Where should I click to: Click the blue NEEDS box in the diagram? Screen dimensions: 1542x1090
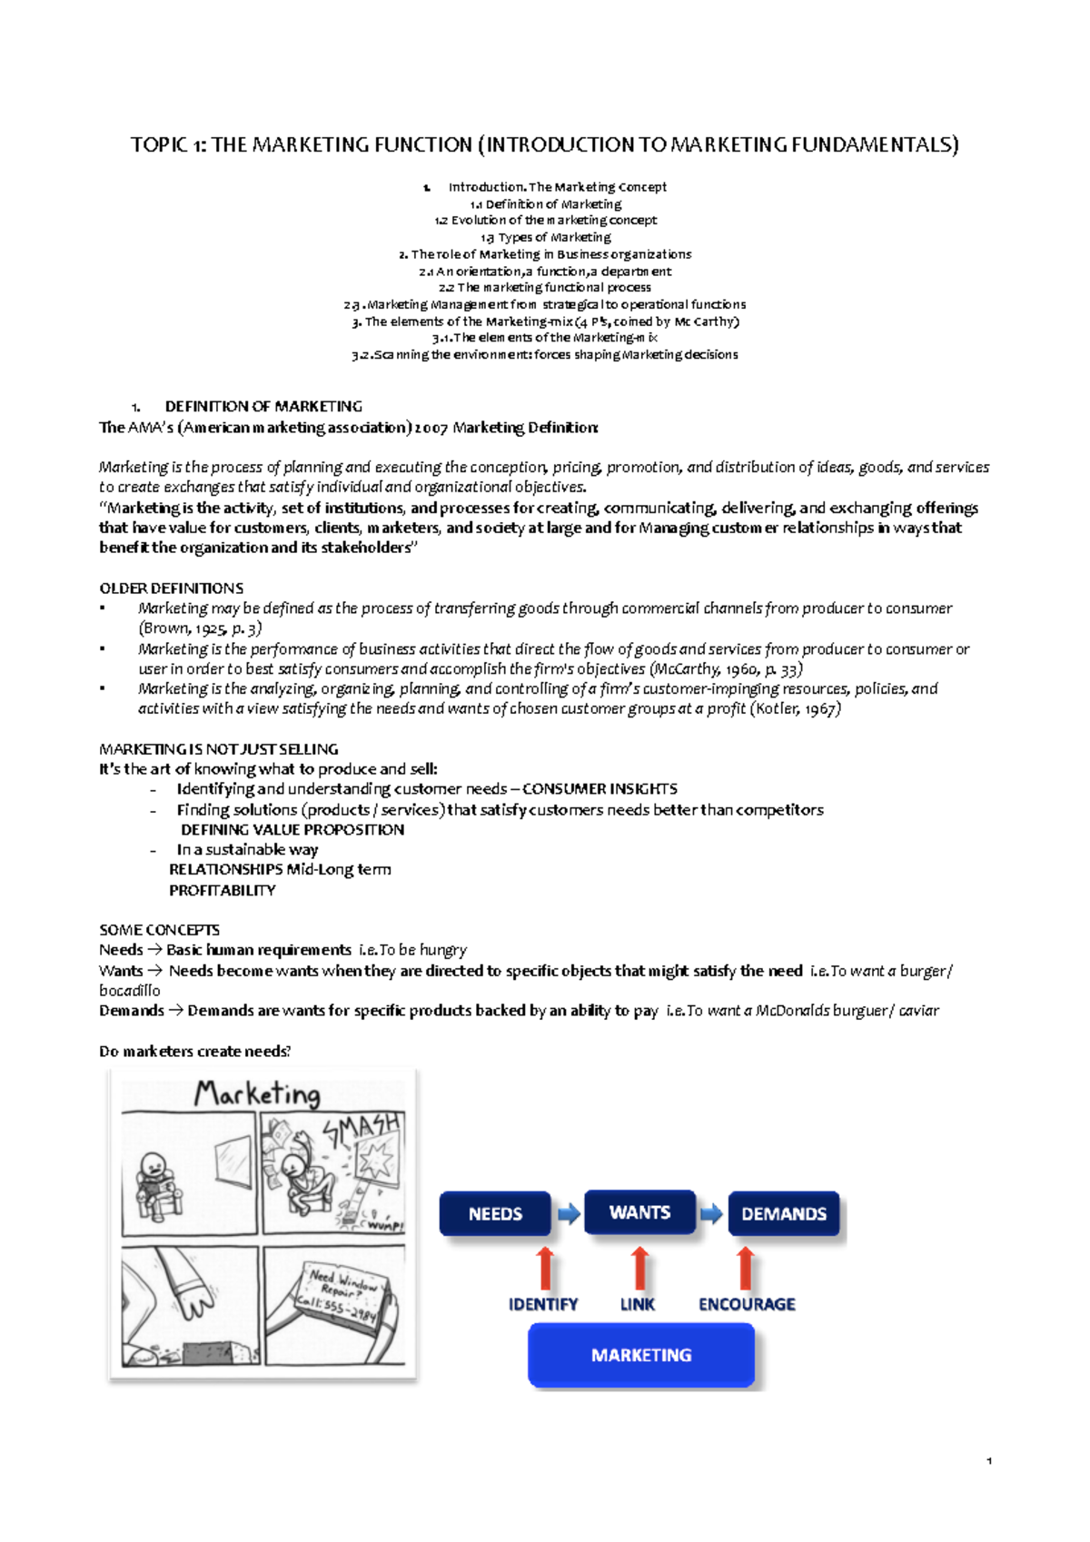495,1214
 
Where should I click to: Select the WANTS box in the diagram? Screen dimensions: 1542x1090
639,1212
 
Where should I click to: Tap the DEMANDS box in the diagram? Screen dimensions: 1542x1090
783,1214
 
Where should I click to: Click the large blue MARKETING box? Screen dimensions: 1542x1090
641,1355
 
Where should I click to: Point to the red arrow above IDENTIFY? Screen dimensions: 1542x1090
545,1269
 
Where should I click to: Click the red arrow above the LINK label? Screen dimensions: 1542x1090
639,1269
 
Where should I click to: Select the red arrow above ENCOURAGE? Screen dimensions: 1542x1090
746,1269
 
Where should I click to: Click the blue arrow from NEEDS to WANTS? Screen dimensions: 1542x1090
569,1213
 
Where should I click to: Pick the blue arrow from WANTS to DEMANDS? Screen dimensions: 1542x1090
712,1213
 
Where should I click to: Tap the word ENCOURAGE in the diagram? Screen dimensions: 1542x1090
747,1304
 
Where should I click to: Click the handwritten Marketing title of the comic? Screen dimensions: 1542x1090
257,1093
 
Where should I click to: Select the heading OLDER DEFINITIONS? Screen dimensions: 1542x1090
171,588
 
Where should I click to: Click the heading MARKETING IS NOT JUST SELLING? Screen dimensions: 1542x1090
218,749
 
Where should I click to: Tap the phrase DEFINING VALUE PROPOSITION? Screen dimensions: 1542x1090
292,830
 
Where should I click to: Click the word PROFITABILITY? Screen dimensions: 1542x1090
223,891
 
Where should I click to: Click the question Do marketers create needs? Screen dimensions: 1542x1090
194,1052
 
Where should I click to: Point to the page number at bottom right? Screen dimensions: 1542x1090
988,1461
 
